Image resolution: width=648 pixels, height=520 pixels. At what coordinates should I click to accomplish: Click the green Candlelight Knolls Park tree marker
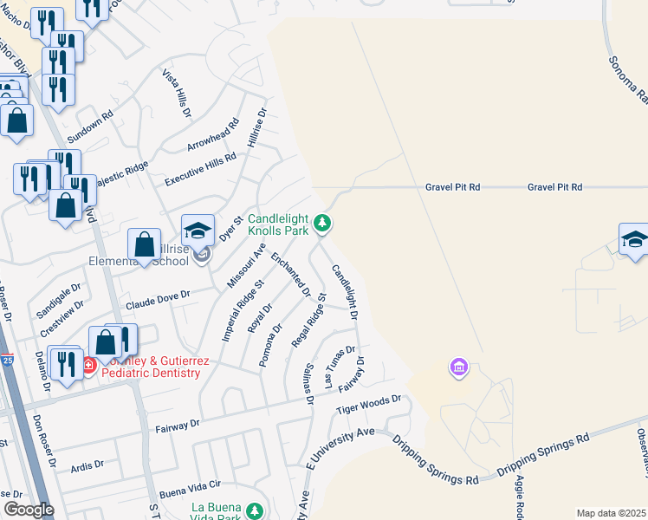pos(322,224)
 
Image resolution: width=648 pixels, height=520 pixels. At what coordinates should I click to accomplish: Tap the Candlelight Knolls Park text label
pos(278,225)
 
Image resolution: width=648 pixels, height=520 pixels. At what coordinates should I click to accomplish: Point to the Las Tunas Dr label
pos(339,367)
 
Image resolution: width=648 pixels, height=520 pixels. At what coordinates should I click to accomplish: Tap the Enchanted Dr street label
pos(290,274)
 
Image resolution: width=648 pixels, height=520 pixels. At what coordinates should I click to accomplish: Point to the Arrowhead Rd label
pos(212,135)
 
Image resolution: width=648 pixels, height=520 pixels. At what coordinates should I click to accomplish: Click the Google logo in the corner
pos(29,510)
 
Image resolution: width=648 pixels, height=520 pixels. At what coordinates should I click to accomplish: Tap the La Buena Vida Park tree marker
pos(254,510)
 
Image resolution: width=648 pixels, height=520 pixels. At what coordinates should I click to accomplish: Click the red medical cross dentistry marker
pos(88,366)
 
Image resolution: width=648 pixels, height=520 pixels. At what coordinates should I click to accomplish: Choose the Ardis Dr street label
pos(87,465)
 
